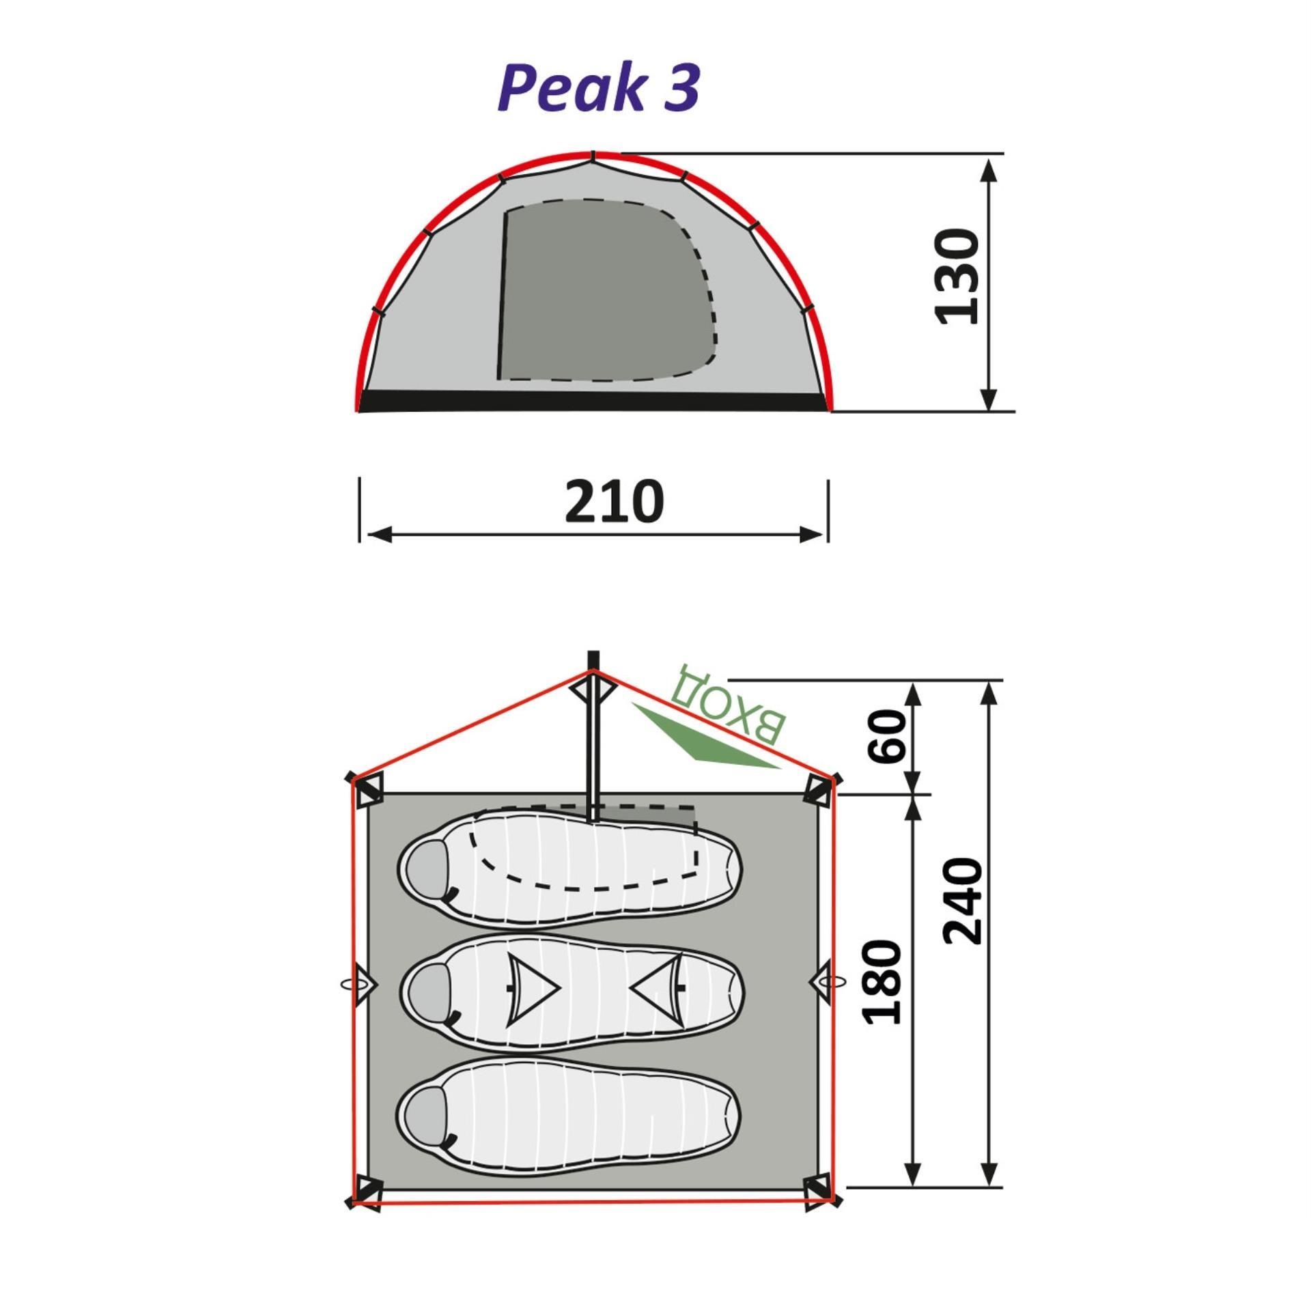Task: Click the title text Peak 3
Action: [599, 87]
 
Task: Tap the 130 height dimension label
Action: [957, 277]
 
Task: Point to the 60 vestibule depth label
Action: [886, 736]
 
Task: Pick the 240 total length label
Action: [963, 901]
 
